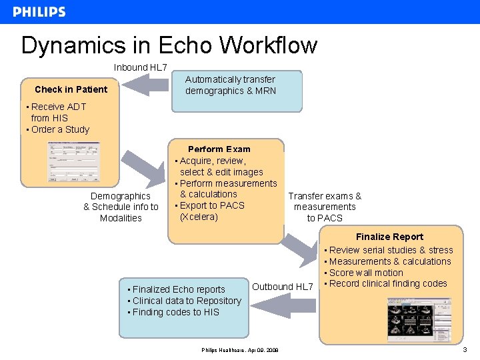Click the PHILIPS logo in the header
39,12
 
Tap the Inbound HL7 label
140,67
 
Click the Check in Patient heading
71,89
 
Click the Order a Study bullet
60,129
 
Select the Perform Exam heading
219,149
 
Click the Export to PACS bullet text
212,205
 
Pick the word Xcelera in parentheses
199,217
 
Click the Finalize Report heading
389,237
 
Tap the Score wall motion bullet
366,273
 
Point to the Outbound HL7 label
282,287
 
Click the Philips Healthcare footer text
240,350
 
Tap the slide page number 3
465,349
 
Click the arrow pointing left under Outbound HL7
279,305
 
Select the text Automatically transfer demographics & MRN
230,85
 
